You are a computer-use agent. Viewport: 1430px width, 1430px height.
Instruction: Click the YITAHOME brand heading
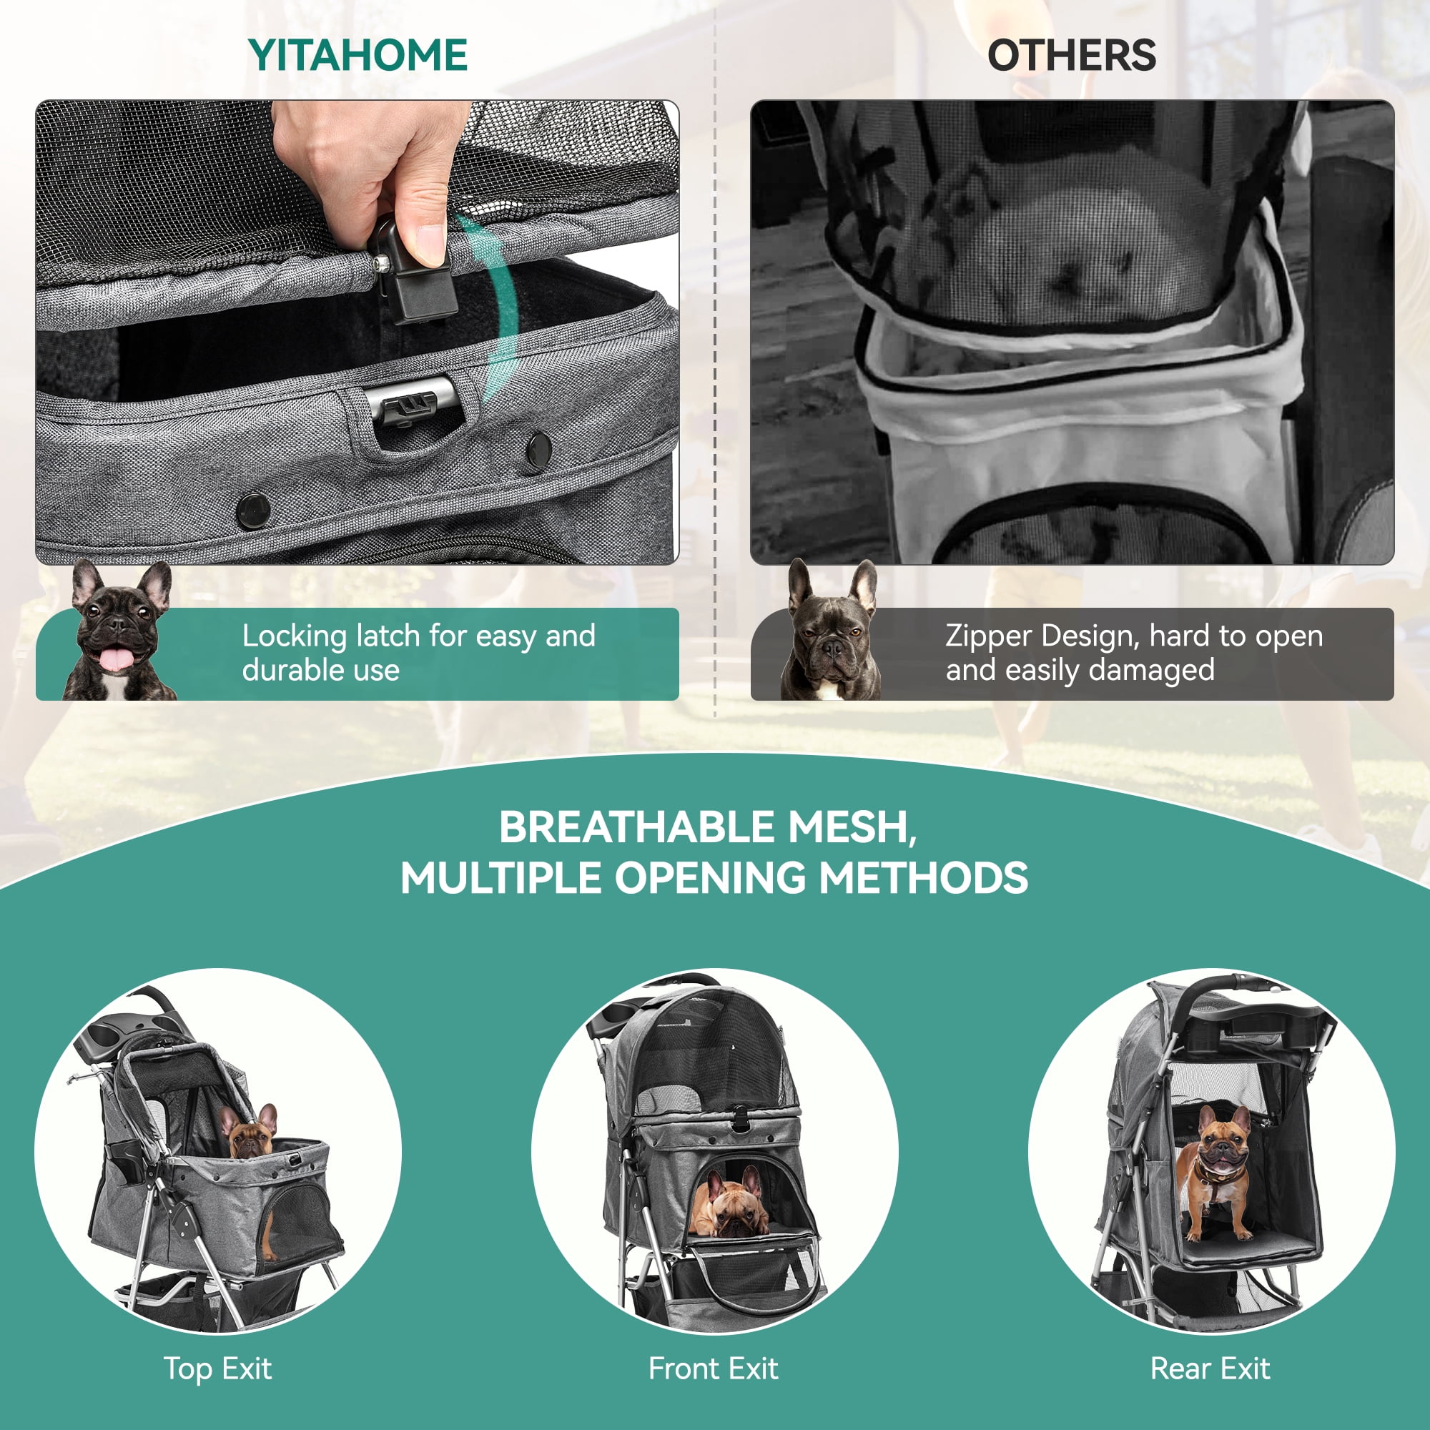[x=357, y=56]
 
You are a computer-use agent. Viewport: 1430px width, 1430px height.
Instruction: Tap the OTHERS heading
[x=1072, y=56]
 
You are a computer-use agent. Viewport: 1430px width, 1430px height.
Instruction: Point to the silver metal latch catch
[x=415, y=403]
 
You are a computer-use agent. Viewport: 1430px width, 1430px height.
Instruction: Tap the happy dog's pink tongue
[x=113, y=659]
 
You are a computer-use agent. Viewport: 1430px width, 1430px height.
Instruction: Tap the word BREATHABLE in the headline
[x=636, y=827]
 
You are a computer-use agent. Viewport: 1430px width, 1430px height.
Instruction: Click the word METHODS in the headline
[x=923, y=878]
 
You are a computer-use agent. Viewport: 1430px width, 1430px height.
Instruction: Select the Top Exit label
[x=217, y=1369]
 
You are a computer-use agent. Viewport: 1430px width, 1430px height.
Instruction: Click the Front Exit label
[x=714, y=1369]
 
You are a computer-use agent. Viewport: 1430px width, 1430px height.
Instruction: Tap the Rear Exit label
[x=1210, y=1369]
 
